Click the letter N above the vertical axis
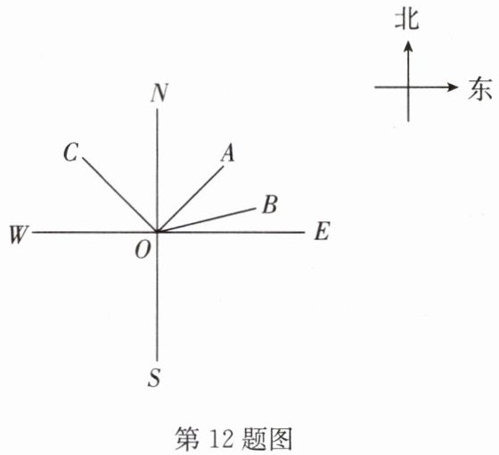tap(160, 93)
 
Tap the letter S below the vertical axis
tap(154, 377)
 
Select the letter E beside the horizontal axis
tap(322, 231)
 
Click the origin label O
tap(143, 249)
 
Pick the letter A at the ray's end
tap(228, 153)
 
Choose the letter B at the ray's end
tap(270, 204)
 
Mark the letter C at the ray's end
tap(70, 152)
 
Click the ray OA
tap(190, 199)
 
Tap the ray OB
tap(206, 219)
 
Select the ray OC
tap(119, 194)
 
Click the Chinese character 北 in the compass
tap(407, 19)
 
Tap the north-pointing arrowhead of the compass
tap(408, 46)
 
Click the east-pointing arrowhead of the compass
tap(453, 87)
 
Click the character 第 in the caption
tap(187, 439)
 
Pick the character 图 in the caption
tap(280, 439)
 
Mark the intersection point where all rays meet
tap(157, 232)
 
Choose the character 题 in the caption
tap(254, 439)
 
